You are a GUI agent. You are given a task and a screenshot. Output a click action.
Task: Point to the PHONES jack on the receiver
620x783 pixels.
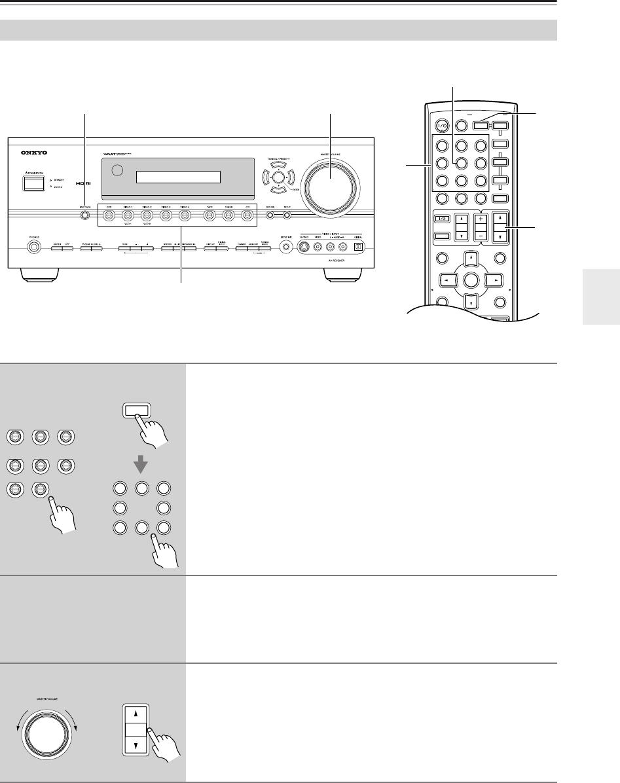pos(33,247)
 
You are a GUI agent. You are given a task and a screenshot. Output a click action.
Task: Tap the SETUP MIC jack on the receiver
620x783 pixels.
pos(285,247)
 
